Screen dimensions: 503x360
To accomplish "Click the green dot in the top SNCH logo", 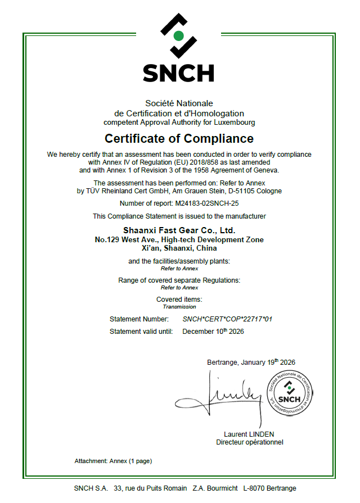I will coord(178,36).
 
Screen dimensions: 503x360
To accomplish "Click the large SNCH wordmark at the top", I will coord(178,72).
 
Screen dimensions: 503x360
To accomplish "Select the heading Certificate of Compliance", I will coord(179,138).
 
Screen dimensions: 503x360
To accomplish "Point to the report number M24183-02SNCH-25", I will coord(207,203).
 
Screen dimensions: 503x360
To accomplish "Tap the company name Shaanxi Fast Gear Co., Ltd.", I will coord(179,230).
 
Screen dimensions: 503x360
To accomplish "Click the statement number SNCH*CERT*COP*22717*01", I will coord(227,319).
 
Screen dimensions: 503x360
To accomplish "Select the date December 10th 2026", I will coord(213,331).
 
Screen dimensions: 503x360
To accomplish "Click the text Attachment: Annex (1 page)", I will coord(113,461).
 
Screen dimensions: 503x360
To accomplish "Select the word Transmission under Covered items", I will coord(179,307).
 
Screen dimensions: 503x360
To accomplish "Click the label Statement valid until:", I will coord(141,332).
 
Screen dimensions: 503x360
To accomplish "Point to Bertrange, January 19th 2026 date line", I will coord(251,362).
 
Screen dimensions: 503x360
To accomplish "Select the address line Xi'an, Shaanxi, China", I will coord(179,248).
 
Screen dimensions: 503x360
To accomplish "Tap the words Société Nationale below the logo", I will coord(179,103).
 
